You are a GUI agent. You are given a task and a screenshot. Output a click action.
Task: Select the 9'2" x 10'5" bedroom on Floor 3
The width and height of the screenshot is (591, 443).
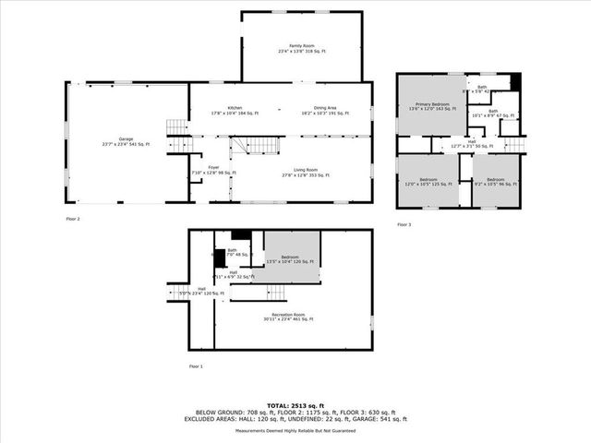point(496,181)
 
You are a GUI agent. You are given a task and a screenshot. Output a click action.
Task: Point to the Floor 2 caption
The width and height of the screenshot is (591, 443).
point(73,219)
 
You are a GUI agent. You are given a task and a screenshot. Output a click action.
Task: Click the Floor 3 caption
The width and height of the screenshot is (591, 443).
point(404,224)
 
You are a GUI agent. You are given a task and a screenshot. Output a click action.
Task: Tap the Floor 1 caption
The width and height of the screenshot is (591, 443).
point(195,366)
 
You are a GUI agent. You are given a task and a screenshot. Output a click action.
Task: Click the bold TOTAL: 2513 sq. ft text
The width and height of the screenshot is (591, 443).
point(295,404)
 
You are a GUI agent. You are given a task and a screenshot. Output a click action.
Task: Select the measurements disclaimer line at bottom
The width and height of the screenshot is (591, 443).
point(295,431)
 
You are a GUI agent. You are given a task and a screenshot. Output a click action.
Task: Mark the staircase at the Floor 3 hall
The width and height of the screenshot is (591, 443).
point(514,144)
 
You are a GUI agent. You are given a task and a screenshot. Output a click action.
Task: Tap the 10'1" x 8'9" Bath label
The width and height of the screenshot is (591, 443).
point(492,114)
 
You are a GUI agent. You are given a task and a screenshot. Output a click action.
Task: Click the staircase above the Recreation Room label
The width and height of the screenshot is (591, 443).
point(275,292)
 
